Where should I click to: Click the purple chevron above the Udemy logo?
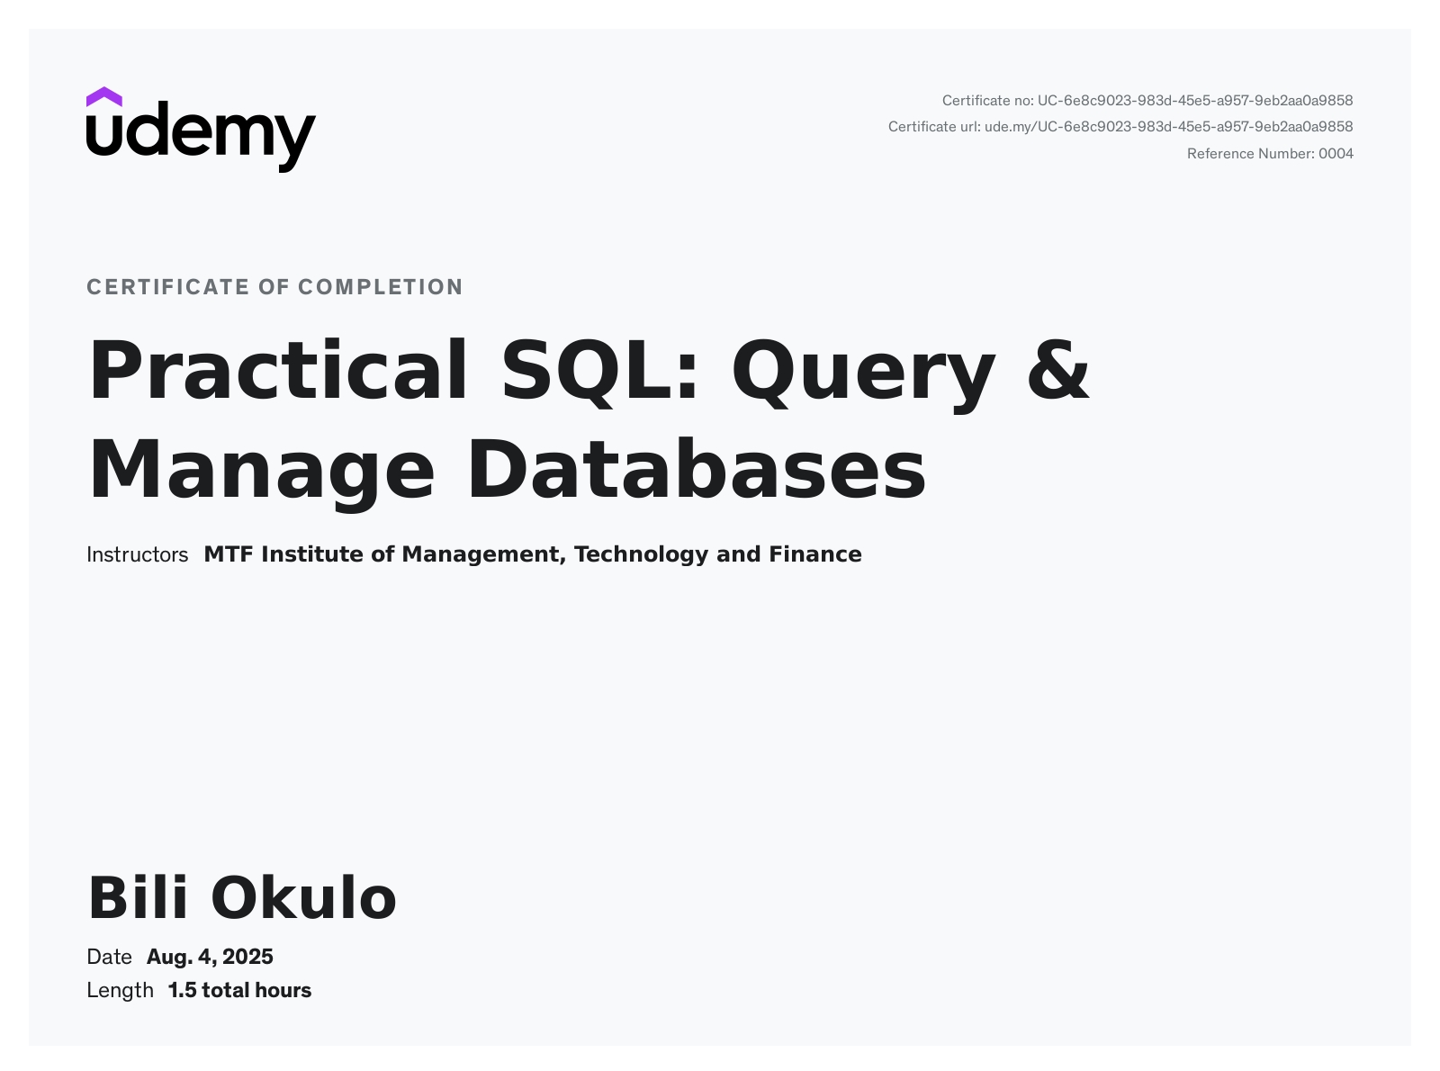[103, 97]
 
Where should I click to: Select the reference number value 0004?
[1336, 154]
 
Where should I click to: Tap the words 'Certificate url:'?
[934, 127]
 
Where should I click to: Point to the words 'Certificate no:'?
[987, 101]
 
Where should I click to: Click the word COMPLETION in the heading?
[381, 287]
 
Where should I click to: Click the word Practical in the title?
[278, 370]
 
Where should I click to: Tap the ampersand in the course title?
[1057, 370]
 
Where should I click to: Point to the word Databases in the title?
[697, 469]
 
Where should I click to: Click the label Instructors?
[137, 554]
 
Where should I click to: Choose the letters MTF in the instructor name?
[229, 554]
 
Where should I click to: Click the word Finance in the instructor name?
[815, 554]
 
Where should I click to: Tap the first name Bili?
[139, 897]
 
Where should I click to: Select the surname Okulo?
[303, 897]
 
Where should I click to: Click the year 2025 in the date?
[247, 957]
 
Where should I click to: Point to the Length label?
[120, 991]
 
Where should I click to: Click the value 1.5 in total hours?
[183, 991]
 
